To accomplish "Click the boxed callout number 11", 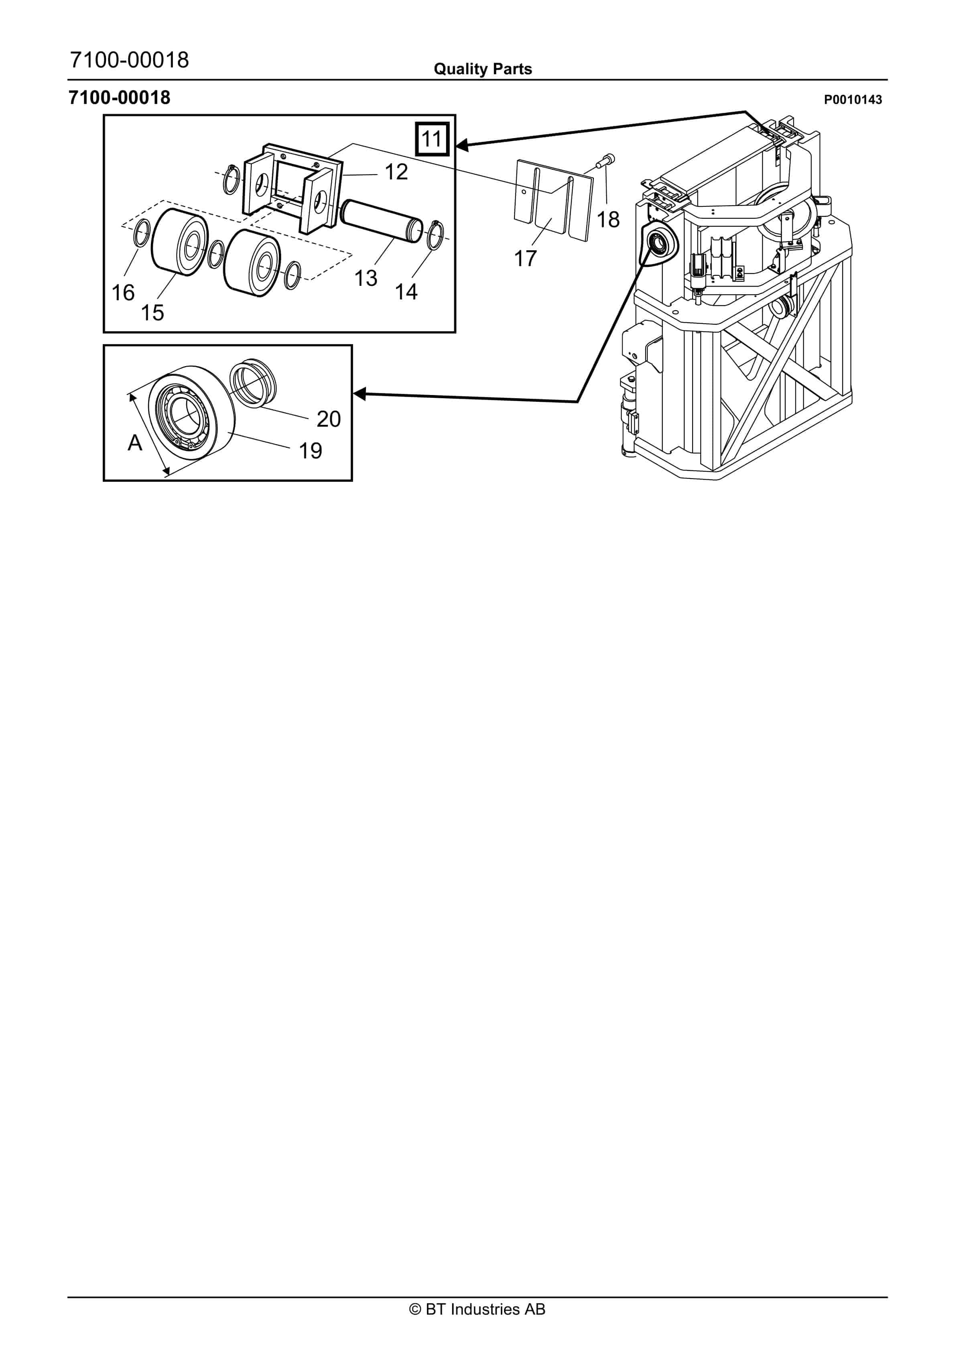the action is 432,139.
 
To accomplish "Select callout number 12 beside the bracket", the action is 396,172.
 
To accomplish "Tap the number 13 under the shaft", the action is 366,278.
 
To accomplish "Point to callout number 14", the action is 406,291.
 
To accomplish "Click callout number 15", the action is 152,313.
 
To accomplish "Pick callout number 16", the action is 123,293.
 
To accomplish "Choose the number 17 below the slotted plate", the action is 525,259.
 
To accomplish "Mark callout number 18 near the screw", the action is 608,220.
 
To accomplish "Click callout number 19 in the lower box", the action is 310,451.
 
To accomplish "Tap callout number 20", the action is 329,419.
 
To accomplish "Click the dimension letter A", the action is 135,443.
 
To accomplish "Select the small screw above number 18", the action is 606,160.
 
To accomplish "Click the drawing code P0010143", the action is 853,100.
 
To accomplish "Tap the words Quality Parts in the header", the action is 483,69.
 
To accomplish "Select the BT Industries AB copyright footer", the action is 477,1309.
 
